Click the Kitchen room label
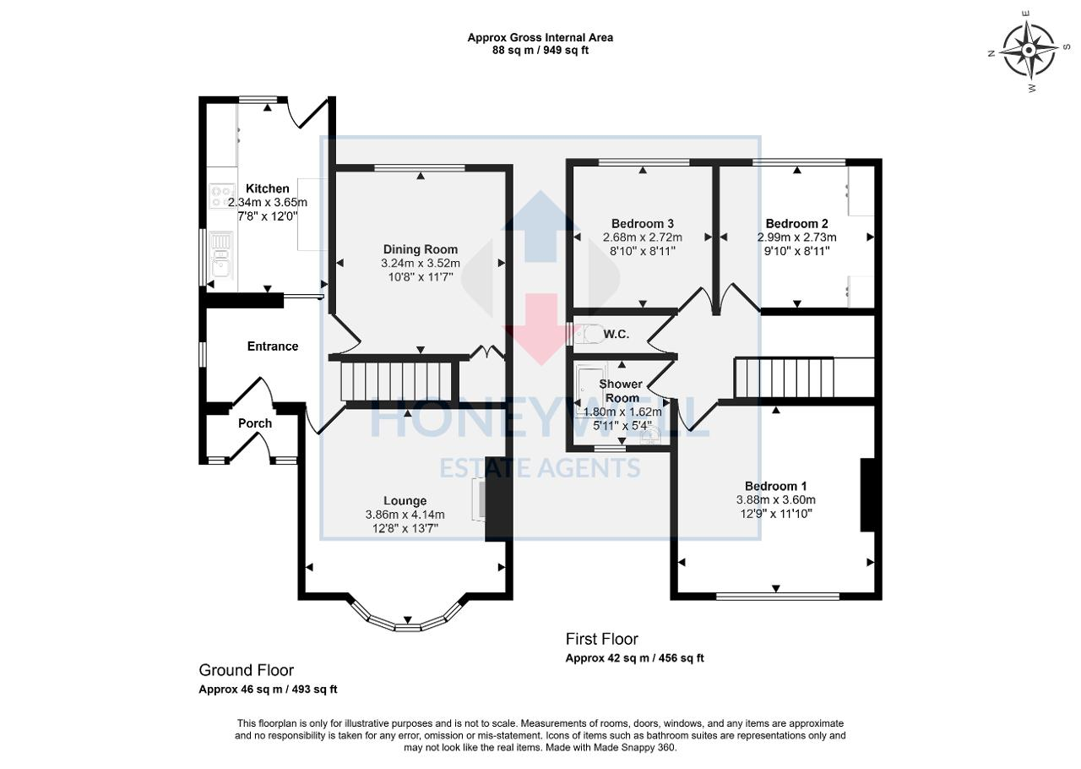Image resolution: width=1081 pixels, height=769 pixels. coord(267,188)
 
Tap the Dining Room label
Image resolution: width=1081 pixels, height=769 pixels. coord(421,249)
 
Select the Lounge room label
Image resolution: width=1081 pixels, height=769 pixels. coord(405,500)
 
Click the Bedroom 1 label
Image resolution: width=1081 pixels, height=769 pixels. coord(775,486)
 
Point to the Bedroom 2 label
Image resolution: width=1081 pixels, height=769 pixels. coord(796,224)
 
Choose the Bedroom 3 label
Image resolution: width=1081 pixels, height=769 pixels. coord(643,224)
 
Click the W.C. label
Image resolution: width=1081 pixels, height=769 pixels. coord(617,335)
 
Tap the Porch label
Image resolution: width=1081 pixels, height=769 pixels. coord(255,423)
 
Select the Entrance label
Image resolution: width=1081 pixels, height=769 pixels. coord(272,346)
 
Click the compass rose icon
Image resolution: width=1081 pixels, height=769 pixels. coord(1028,50)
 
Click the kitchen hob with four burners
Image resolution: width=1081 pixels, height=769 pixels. coord(222,197)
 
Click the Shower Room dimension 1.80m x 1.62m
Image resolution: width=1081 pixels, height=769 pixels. coord(622,412)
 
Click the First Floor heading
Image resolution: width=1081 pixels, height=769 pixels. coord(601,639)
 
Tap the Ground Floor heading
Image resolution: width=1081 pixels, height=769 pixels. coord(246,670)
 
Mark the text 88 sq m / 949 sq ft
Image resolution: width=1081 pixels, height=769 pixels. coord(540,50)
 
